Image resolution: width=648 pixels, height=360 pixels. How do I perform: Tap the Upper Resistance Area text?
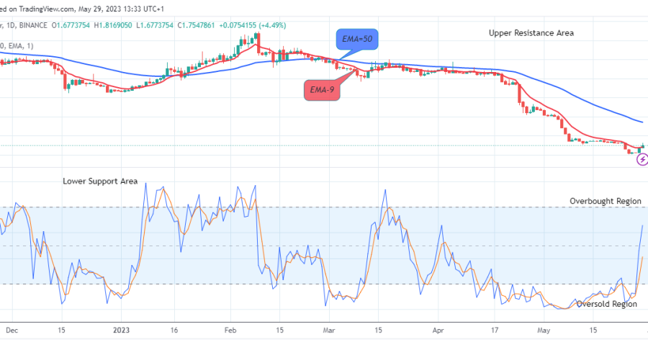tap(531, 33)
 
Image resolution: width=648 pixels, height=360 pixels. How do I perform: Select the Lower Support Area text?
tap(100, 181)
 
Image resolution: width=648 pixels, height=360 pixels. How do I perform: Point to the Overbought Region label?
tap(606, 201)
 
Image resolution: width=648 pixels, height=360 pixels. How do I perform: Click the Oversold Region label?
tap(607, 304)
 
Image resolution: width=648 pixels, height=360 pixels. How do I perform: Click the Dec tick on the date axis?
tap(12, 330)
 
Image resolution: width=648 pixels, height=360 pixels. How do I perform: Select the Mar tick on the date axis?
tap(329, 330)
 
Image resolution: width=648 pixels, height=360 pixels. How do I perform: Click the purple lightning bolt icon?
tap(642, 160)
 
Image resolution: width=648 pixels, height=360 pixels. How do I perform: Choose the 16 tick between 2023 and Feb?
tap(174, 330)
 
